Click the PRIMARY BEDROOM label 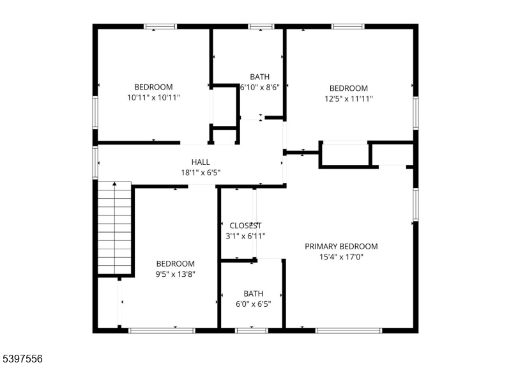[341, 246]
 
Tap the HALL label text [201, 162]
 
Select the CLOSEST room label [245, 226]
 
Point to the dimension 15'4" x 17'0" [341, 257]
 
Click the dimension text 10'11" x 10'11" [153, 98]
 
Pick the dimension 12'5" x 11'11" [348, 98]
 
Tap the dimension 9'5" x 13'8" [175, 274]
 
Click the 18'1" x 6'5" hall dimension [201, 173]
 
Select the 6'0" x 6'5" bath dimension [253, 304]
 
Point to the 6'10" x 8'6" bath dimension [260, 88]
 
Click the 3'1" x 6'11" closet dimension [245, 236]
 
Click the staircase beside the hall [114, 228]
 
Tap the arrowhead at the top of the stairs [114, 184]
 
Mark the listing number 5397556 [21, 359]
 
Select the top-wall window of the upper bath [261, 26]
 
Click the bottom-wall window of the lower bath [251, 330]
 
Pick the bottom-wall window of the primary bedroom [349, 330]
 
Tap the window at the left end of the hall [95, 162]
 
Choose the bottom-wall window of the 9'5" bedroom [162, 330]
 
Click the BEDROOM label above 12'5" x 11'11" [348, 88]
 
